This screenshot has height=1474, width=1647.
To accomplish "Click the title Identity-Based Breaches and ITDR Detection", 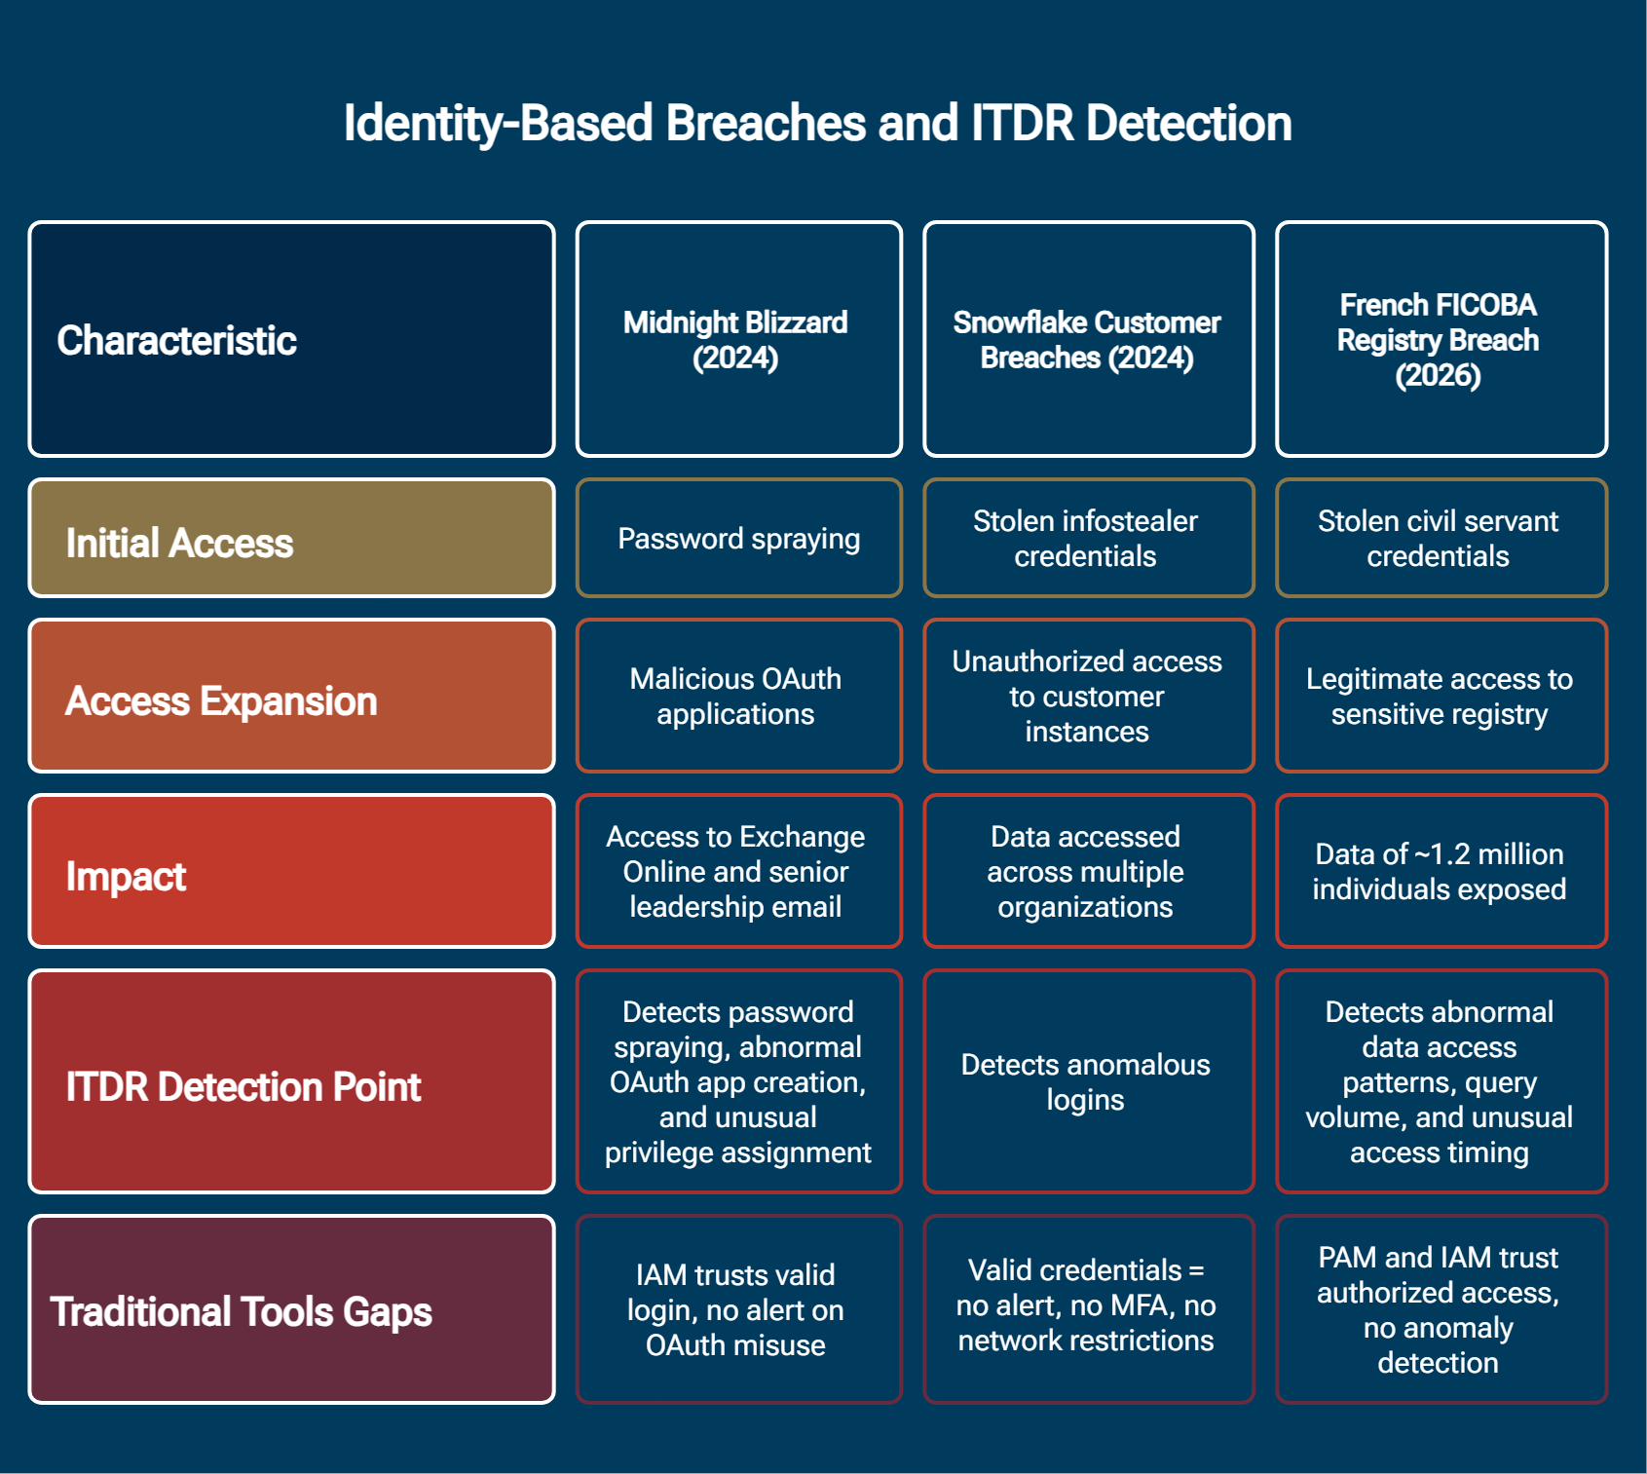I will (x=817, y=124).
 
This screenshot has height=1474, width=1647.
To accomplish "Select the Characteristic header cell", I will (x=291, y=339).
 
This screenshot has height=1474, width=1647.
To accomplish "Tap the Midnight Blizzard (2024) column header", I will (x=738, y=339).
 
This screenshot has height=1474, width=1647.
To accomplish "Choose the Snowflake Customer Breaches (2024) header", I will (x=1088, y=339).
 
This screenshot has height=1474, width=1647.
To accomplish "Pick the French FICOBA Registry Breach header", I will (x=1441, y=339).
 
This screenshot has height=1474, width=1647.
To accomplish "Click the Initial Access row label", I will (x=291, y=539).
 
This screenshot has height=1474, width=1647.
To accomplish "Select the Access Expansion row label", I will (x=291, y=697).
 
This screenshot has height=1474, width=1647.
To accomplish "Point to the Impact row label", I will (x=291, y=872).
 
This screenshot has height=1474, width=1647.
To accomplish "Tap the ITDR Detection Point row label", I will (x=291, y=1082).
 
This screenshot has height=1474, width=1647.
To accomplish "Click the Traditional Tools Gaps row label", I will (x=291, y=1309).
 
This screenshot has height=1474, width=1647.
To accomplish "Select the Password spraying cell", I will (x=738, y=539).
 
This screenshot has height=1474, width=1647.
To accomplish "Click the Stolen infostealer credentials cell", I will (x=1088, y=539).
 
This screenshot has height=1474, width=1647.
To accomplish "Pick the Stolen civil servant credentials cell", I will (x=1441, y=539).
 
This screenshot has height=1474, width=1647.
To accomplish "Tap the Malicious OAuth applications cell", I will (x=738, y=697).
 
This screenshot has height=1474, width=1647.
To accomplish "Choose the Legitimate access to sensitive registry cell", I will (x=1441, y=697).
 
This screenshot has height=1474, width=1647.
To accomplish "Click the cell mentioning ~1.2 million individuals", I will (x=1441, y=872).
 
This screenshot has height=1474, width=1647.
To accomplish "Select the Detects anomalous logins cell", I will (x=1088, y=1082).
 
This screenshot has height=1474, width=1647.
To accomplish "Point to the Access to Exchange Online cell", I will (x=738, y=872).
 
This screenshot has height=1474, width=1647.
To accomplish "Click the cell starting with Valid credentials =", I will (x=1088, y=1309).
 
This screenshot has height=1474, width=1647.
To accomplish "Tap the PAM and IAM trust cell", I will (x=1441, y=1309).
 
